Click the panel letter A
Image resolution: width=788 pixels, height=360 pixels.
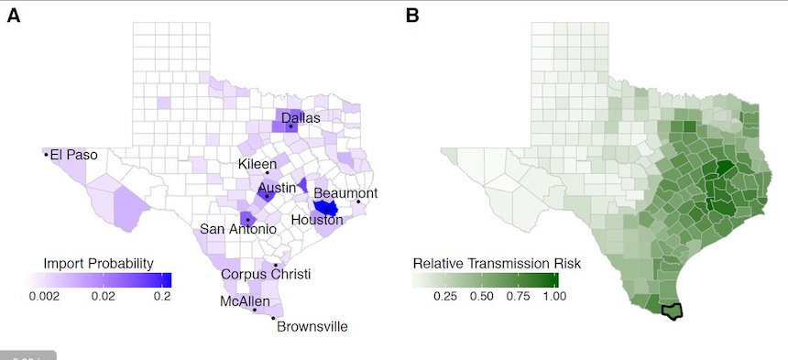(14, 15)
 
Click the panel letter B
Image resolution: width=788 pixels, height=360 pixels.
(412, 15)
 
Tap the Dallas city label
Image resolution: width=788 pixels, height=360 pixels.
(300, 117)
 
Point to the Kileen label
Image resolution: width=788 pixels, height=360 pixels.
(257, 163)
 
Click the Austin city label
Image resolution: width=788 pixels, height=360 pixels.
(276, 187)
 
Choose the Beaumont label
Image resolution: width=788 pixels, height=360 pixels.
(345, 193)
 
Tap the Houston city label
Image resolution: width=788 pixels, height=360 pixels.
(317, 220)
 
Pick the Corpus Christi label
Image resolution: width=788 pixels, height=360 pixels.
(267, 274)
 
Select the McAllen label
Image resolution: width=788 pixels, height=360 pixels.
(245, 300)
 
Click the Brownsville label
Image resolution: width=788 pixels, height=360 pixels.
(312, 326)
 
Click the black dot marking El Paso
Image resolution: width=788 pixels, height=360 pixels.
(45, 155)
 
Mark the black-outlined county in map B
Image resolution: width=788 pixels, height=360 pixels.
(673, 311)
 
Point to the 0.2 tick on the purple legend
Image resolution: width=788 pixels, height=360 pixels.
(162, 296)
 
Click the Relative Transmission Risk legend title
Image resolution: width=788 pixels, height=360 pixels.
(497, 264)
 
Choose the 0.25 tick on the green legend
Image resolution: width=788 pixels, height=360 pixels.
(444, 296)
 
